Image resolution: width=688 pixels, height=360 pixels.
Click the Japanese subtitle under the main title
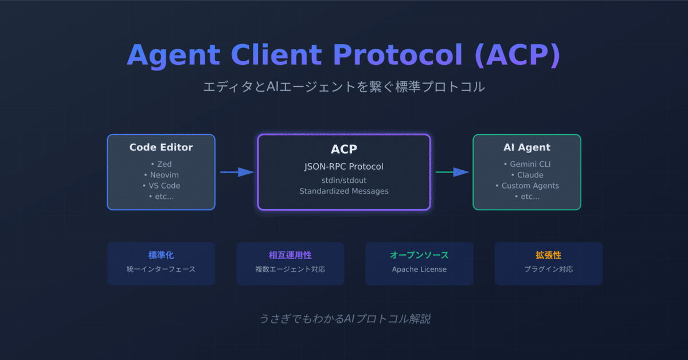click(x=344, y=87)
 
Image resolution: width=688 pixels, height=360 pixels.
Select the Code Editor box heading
click(x=161, y=147)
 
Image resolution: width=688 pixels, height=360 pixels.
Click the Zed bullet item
click(x=161, y=165)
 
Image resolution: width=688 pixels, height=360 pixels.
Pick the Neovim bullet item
click(x=161, y=175)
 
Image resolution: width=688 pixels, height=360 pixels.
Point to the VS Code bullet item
click(x=161, y=186)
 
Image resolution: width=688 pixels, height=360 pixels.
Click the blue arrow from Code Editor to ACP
click(x=237, y=172)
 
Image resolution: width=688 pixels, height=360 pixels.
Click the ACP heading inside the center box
click(x=344, y=149)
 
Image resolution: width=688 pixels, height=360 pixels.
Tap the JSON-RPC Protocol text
click(x=344, y=167)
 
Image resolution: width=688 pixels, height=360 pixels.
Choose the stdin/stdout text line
click(x=344, y=181)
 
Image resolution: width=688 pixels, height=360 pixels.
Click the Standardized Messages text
click(x=344, y=191)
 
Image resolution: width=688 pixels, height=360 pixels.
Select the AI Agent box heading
click(x=526, y=147)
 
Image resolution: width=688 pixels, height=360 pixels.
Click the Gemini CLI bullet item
click(x=526, y=165)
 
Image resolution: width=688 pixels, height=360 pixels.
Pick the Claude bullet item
click(x=526, y=175)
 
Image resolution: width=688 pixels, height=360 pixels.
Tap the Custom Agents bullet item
click(x=526, y=186)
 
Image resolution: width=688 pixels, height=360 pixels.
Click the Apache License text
click(x=419, y=269)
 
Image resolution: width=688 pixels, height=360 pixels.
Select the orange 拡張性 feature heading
click(x=548, y=255)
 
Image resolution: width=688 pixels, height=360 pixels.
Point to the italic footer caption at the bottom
click(x=344, y=319)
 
